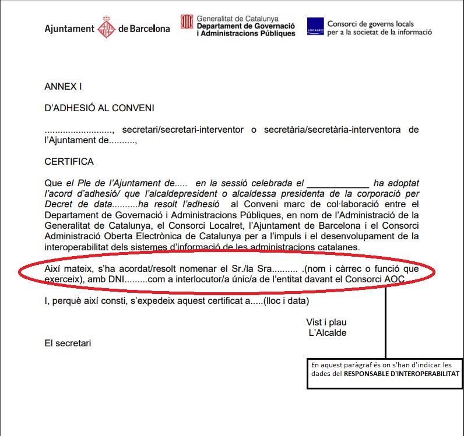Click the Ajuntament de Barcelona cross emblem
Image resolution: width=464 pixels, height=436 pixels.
106,27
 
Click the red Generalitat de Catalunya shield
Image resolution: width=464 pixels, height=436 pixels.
187,23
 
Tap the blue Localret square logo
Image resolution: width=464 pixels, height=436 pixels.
315,26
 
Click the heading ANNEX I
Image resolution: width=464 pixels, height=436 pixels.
63,86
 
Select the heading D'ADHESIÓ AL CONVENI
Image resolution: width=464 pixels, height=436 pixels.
99,108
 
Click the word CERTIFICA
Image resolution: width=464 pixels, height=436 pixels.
69,161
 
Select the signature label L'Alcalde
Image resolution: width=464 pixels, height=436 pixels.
328,333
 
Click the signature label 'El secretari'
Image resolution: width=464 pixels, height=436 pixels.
68,343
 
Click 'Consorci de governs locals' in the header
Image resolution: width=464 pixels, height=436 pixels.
371,24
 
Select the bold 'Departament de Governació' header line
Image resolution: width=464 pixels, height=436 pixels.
245,26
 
